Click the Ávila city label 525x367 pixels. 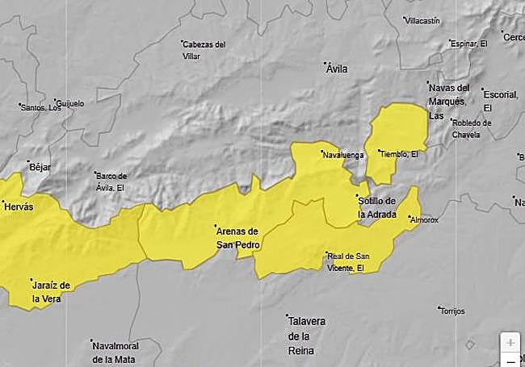click(x=336, y=69)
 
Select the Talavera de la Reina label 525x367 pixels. click(x=306, y=335)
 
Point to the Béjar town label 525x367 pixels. click(x=40, y=167)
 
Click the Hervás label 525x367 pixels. click(x=19, y=207)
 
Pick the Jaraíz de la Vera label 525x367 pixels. click(x=50, y=291)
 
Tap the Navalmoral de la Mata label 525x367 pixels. click(x=114, y=352)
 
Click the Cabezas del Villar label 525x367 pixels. click(x=204, y=51)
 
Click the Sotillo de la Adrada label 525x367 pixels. click(x=376, y=207)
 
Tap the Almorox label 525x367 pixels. click(x=424, y=219)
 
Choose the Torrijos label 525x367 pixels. click(x=451, y=311)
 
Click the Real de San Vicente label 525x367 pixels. click(x=346, y=261)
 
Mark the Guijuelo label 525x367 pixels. click(x=70, y=103)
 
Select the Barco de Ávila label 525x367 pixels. click(x=111, y=181)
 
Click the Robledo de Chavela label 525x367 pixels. click(x=472, y=128)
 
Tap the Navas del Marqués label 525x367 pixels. click(x=448, y=101)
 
